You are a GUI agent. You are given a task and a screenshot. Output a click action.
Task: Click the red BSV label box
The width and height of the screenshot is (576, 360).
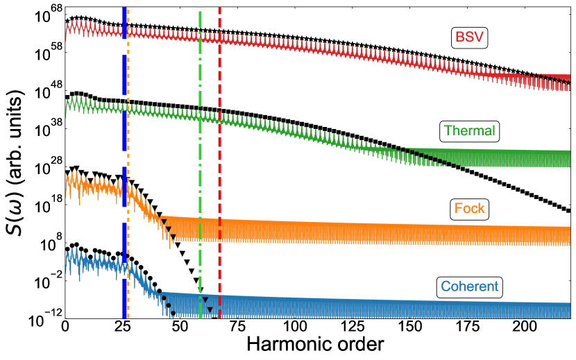coord(469,37)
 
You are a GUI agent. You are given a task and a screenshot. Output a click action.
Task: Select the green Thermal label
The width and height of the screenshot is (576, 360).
coord(469,130)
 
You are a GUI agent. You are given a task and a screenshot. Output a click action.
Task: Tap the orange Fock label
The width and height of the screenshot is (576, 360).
coord(469,208)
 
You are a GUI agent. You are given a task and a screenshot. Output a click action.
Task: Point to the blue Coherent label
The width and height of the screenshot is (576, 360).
coord(469,286)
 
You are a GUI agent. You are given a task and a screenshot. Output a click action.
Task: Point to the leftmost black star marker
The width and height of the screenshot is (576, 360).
coord(67,21)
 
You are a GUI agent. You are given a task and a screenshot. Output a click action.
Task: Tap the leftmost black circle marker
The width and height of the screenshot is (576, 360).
coord(67,248)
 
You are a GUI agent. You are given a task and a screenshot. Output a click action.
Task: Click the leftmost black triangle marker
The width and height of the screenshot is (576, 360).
coord(67,169)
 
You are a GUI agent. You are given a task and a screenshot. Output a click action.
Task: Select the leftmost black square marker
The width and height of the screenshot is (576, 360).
coord(67,96)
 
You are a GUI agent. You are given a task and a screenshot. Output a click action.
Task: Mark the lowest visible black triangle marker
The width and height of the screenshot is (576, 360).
coord(209,309)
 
